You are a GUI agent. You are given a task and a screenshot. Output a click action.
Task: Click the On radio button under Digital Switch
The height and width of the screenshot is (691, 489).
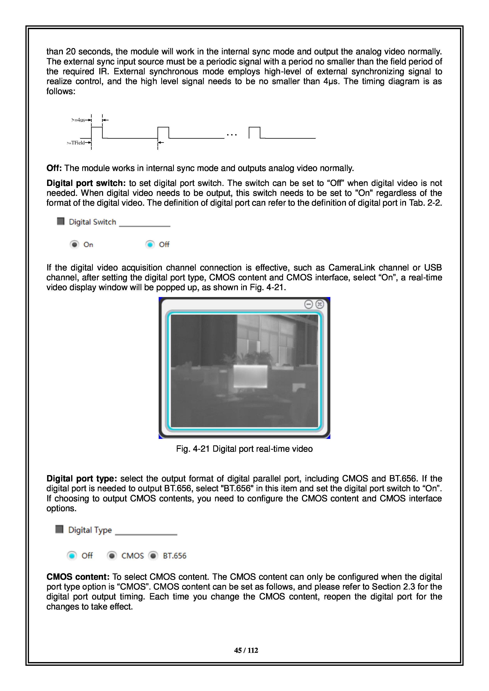tap(74, 244)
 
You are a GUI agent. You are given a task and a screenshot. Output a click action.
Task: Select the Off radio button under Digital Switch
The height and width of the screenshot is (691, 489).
tap(150, 244)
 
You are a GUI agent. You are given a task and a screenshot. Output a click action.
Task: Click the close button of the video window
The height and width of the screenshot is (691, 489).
tap(319, 304)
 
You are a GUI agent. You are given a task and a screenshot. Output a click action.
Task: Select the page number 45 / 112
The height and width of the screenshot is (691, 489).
tap(246, 650)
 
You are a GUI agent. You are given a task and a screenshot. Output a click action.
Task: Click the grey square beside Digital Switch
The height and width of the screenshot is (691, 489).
tap(61, 222)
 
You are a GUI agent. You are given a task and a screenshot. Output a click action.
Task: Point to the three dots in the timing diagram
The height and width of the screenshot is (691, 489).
tap(232, 135)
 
